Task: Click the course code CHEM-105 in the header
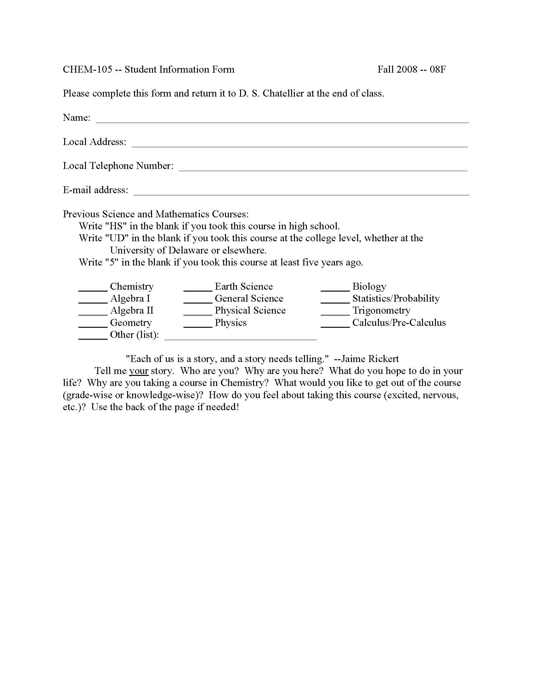coord(87,70)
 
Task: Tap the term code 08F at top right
coord(438,70)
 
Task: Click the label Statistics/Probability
coord(396,299)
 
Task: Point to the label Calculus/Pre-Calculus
coord(399,322)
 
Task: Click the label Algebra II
coord(132,310)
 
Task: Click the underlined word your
coord(139,371)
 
